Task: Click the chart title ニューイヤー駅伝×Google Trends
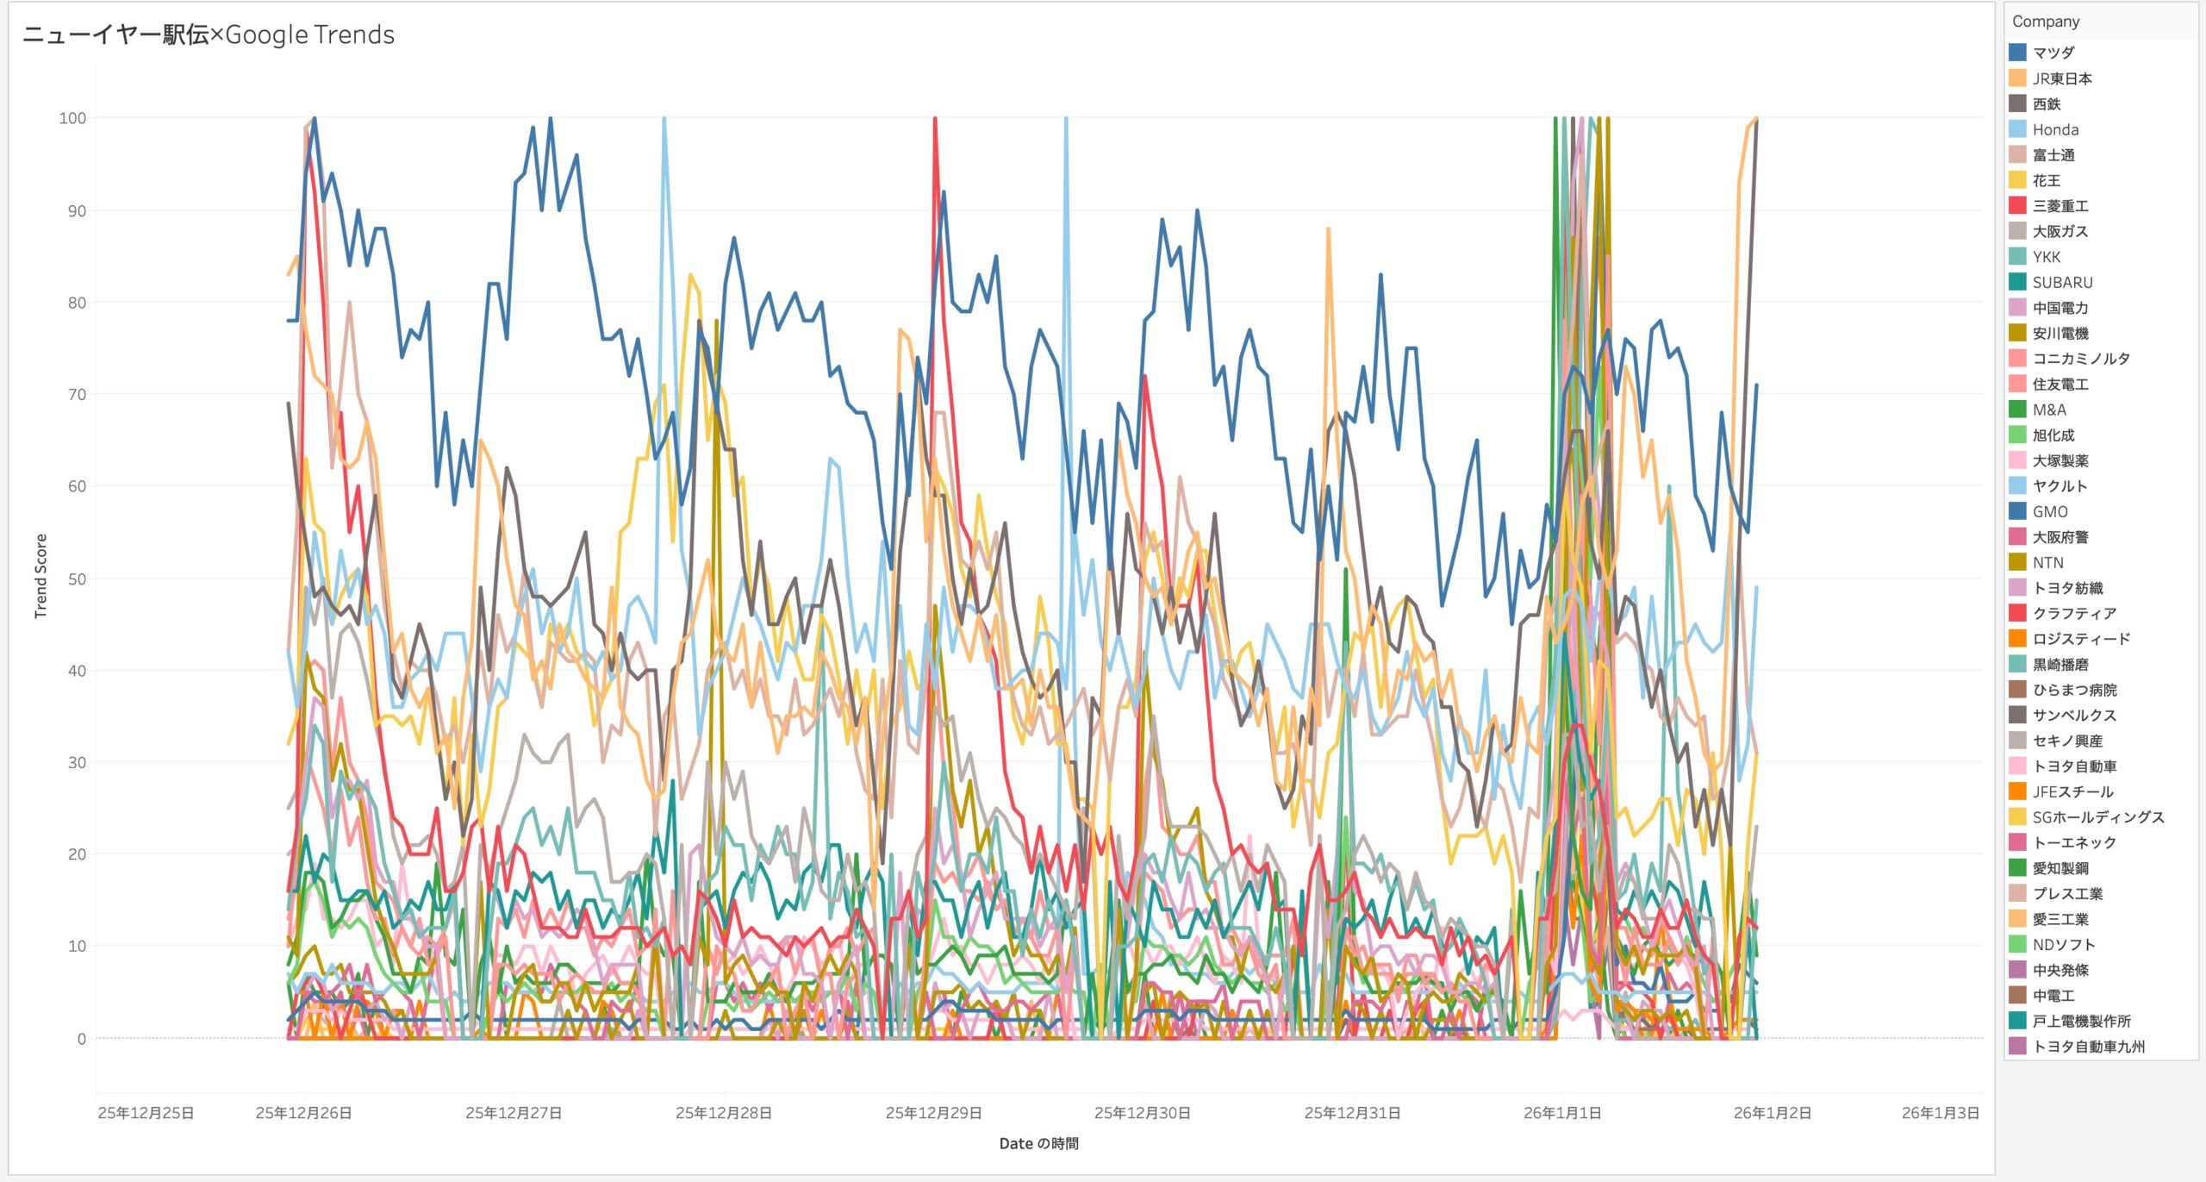point(209,34)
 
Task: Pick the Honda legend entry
point(2055,129)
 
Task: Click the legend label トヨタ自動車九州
point(2088,1047)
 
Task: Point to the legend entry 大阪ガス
point(2060,231)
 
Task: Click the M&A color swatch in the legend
point(2017,410)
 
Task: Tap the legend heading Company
point(2045,22)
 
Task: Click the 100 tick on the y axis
point(72,118)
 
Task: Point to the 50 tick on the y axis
point(77,578)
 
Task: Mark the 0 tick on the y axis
point(81,1039)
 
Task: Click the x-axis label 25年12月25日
point(146,1113)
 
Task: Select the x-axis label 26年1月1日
point(1561,1113)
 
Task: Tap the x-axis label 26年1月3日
point(1940,1113)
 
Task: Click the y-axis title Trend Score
point(41,576)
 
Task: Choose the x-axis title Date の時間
point(1038,1144)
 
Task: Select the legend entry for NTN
point(2047,562)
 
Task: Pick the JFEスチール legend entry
point(2072,791)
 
